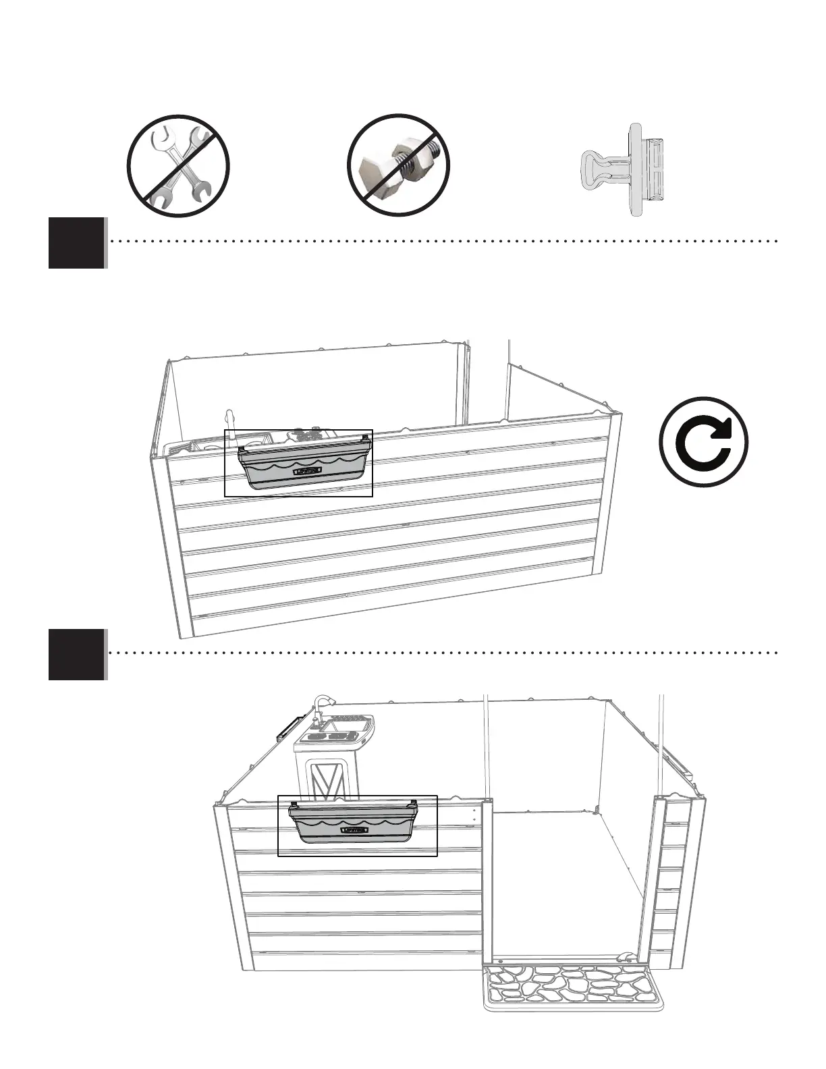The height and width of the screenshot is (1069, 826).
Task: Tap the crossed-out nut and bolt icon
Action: click(399, 166)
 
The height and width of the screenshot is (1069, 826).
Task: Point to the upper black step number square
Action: click(77, 243)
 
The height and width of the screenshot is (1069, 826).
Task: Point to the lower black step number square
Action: click(77, 654)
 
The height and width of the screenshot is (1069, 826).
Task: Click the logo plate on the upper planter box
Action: click(308, 471)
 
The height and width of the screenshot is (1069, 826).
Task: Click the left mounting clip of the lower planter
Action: click(294, 805)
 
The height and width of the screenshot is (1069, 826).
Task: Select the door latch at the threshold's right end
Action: click(628, 956)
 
